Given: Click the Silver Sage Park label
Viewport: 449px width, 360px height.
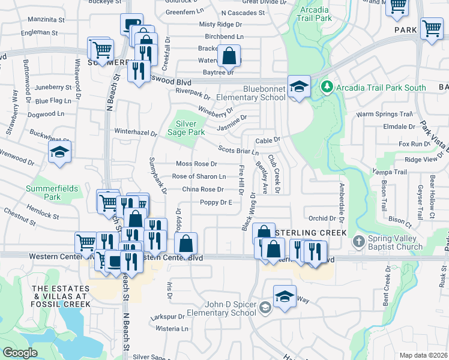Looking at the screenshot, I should [x=187, y=127].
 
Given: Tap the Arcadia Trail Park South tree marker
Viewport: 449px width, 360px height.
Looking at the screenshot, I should [x=327, y=88].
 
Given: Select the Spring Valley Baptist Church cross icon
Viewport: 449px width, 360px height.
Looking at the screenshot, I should [x=358, y=242].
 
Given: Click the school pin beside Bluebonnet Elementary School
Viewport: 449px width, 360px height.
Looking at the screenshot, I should [x=298, y=86].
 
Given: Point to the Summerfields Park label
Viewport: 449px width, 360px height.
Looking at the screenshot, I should [x=52, y=193].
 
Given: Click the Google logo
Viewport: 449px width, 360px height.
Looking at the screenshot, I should [x=20, y=353].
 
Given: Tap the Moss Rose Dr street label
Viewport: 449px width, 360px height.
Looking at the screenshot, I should [x=196, y=164].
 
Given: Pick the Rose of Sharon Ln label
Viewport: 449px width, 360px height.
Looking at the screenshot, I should [x=199, y=176].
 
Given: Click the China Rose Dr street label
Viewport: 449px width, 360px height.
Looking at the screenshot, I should [x=203, y=190].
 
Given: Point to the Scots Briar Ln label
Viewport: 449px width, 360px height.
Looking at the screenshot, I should [x=238, y=151].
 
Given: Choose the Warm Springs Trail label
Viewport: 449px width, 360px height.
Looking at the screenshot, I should [x=385, y=114].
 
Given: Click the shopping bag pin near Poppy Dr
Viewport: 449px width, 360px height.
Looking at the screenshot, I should [x=186, y=244].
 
